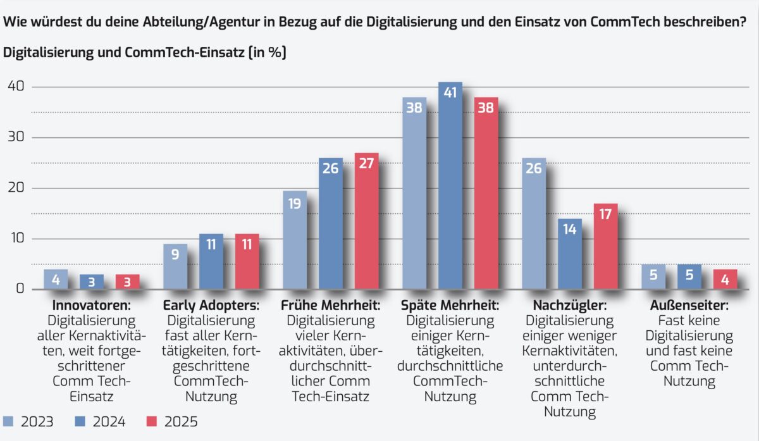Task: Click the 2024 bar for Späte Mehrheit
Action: (450, 190)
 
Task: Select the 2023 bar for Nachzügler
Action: (534, 225)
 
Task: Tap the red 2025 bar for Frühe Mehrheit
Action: (366, 221)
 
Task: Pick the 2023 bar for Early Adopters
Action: (175, 267)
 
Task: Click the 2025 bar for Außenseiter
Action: (725, 279)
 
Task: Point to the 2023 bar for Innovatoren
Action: (56, 279)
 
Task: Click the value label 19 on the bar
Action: (295, 204)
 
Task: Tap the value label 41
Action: (450, 94)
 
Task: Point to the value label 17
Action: (605, 215)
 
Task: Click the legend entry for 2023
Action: (28, 421)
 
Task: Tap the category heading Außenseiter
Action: (689, 305)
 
